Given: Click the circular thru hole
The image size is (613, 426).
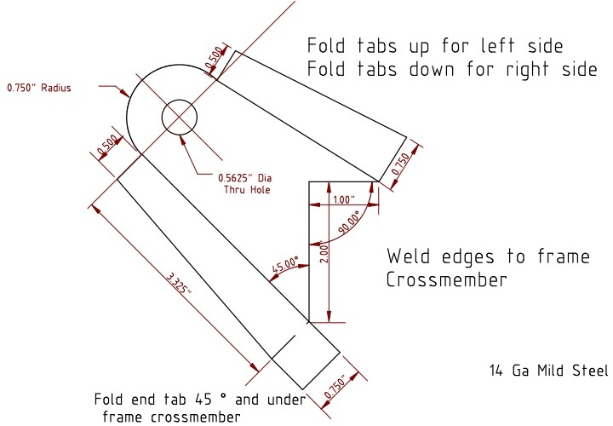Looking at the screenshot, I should point(179,117).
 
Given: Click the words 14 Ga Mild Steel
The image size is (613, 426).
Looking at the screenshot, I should point(548,371).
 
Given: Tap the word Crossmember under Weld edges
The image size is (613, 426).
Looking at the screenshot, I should point(447,280).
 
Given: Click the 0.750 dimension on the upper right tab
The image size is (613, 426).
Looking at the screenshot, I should point(401,162).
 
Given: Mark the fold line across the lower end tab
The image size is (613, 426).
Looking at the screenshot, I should point(284,347).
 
